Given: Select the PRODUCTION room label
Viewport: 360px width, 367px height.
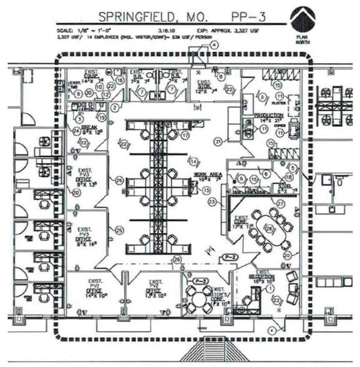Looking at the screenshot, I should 269,116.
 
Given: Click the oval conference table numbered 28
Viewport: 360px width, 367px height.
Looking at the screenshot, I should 269,227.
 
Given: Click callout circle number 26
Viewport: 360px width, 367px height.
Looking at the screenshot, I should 177,259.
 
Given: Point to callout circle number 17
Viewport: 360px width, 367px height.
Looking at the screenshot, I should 184,134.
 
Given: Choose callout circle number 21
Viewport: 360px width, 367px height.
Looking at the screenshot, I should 218,142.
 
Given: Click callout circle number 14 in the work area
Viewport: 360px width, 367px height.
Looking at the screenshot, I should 194,162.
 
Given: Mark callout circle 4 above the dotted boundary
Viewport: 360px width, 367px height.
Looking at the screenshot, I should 214,45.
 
